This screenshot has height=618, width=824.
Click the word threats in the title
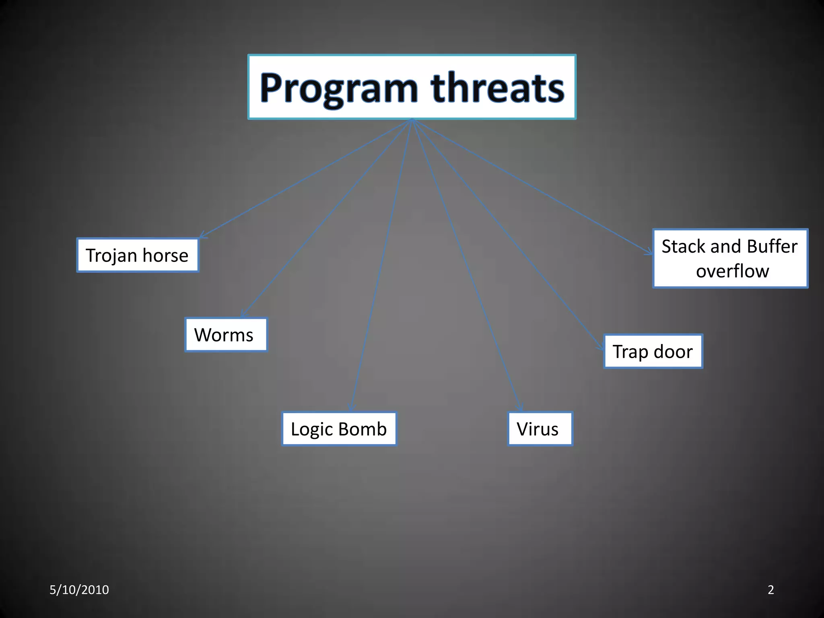[x=497, y=88]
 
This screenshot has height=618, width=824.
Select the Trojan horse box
[x=138, y=255]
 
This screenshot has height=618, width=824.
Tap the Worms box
[x=226, y=335]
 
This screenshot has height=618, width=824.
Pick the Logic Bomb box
[x=339, y=429]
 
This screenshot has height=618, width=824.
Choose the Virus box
[x=540, y=429]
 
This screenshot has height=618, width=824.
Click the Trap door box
[x=653, y=352]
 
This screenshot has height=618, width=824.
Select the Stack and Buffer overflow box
[x=730, y=259]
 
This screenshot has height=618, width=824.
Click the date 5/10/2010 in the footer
[x=79, y=590]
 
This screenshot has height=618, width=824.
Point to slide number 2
[x=770, y=590]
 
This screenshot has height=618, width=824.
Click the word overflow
[x=732, y=271]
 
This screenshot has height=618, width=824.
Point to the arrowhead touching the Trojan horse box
[x=202, y=235]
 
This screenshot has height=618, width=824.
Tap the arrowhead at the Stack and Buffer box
[x=649, y=252]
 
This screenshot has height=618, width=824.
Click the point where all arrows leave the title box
[x=412, y=120]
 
